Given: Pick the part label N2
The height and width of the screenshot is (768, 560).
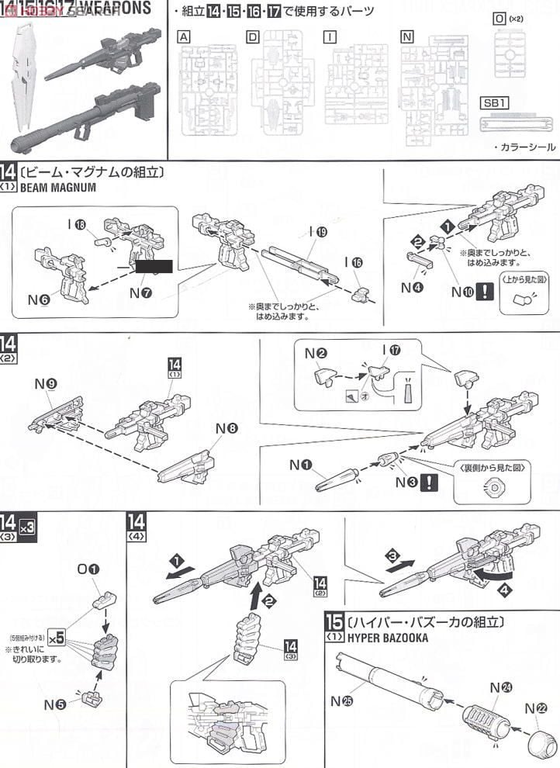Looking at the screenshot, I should (x=315, y=352).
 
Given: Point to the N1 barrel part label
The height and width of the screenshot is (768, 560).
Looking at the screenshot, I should (x=301, y=465).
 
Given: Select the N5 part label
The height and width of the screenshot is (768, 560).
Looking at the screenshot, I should (x=54, y=704).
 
